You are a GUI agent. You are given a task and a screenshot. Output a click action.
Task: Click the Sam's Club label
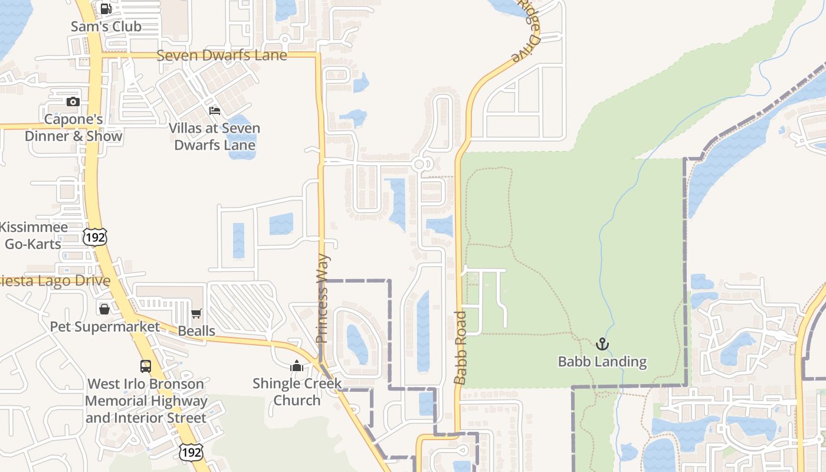point(106,27)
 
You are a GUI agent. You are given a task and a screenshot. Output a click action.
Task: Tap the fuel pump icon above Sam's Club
point(106,9)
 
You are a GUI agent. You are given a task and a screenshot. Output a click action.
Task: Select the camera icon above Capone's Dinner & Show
point(73,101)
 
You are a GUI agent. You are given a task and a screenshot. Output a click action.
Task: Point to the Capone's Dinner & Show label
point(74,128)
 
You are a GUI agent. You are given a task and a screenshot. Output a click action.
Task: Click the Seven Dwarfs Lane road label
point(222,55)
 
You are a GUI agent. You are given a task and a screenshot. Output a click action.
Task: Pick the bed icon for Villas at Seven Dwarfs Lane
point(215,111)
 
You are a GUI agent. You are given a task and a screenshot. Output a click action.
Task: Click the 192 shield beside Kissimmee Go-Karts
point(94,237)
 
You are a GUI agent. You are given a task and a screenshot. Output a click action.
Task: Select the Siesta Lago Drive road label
point(55,281)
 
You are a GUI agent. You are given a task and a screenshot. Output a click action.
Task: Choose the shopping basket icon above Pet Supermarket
point(104,309)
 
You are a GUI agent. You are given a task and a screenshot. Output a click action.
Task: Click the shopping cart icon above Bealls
point(196,313)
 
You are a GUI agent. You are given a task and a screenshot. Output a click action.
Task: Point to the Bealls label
point(196,331)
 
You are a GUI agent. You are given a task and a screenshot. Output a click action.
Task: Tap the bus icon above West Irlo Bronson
point(146,366)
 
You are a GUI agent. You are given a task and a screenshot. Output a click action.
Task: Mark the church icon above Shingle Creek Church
point(297,366)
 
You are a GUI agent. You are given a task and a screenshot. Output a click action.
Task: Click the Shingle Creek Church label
point(297,392)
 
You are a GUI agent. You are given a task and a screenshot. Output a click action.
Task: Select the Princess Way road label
point(322,299)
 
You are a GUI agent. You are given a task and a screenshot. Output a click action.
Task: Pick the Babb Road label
point(460,348)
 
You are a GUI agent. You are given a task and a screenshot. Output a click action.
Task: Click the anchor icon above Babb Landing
point(602,344)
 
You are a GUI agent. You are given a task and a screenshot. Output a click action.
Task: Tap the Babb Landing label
point(602,362)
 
